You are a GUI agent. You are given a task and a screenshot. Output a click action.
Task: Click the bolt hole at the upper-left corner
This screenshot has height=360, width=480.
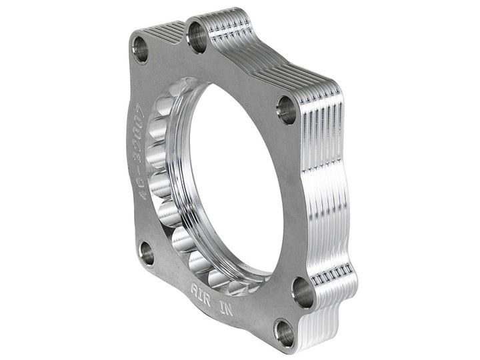point(141,49)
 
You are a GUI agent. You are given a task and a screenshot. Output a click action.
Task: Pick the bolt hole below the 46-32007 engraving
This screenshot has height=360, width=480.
point(147,253)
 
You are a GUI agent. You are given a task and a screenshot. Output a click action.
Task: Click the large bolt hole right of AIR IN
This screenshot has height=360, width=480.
point(303,291)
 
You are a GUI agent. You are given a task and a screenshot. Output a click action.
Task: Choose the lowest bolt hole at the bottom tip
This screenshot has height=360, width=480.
point(285,332)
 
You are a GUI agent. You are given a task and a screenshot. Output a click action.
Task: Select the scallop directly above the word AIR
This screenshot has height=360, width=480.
point(200,263)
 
